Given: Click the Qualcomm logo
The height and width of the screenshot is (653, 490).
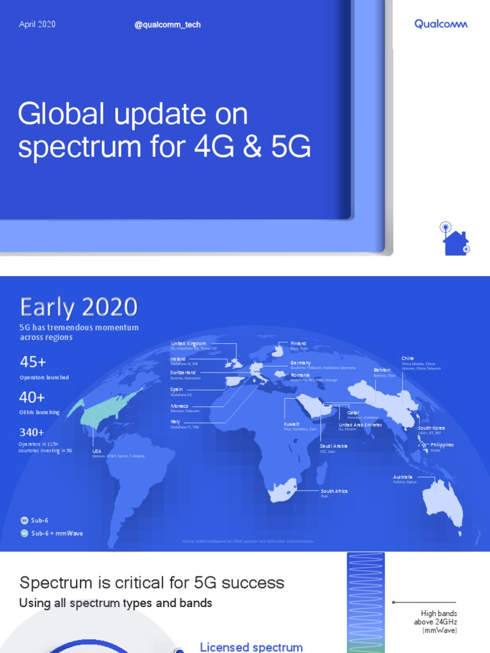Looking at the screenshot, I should coord(441,24).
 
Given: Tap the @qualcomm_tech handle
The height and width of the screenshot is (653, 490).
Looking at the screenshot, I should coord(168,25).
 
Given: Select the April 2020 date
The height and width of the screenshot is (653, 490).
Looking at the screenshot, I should coord(37,24).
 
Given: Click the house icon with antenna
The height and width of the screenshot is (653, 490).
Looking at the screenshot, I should coord(455,239).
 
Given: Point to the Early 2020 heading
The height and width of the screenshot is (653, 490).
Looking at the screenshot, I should coord(79,307).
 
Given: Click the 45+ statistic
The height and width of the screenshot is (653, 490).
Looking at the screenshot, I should coord(33,362).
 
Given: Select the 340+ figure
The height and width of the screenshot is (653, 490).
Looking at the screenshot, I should coord(32,432).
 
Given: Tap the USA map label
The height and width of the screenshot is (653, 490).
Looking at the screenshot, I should coord(97,451).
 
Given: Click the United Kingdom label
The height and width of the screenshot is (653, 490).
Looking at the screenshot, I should coord(188,344).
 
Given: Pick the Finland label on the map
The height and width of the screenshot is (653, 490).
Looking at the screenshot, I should coord(298,344).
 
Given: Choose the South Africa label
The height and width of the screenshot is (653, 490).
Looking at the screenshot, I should coord(334,492).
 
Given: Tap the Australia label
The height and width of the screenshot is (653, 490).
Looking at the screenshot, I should coord(403,477).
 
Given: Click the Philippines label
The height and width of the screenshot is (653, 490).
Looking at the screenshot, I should coord(442,444).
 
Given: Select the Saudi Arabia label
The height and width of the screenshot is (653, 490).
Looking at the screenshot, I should coord(334,446).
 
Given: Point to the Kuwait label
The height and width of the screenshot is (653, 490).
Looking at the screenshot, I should coord(292,424).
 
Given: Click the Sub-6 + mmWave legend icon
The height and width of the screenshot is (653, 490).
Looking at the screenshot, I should coord(24,533).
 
